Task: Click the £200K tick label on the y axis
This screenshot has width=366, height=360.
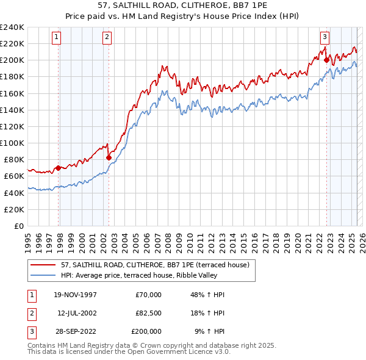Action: [x=12, y=60]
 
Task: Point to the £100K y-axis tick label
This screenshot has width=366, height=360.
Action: [x=12, y=143]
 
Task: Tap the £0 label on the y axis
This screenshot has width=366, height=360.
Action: [x=20, y=226]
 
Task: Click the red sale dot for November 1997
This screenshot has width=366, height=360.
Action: [x=59, y=168]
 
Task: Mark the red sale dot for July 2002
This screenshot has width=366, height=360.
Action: [x=109, y=157]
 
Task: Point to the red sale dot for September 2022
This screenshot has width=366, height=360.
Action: [x=326, y=60]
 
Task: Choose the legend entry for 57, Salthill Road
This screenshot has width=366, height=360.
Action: [x=155, y=265]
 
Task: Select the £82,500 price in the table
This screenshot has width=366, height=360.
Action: [x=148, y=313]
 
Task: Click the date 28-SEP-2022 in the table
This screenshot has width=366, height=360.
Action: [x=75, y=331]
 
